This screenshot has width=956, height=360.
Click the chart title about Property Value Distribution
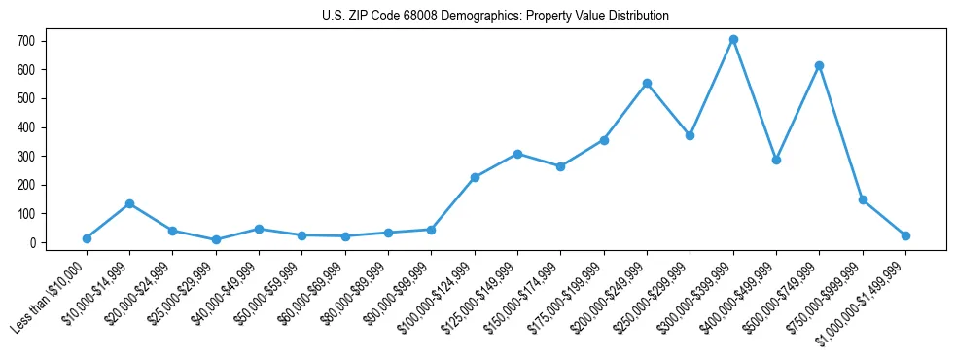[495, 17]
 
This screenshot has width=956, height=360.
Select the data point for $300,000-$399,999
[733, 39]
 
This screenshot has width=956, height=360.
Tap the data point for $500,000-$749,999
[819, 65]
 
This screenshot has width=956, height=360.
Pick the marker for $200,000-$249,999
[647, 83]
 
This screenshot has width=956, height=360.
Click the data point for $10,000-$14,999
[129, 203]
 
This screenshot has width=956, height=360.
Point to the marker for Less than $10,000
[87, 238]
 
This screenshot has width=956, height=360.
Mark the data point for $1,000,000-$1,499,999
[905, 235]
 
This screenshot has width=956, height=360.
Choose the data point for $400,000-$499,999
[776, 160]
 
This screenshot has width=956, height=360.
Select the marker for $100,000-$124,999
[475, 177]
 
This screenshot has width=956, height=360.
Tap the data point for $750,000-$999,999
[863, 199]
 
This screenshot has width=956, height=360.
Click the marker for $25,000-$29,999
[216, 239]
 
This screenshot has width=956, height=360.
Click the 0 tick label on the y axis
[33, 242]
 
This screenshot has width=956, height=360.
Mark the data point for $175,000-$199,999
[604, 140]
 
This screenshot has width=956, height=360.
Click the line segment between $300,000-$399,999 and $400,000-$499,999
[755, 99]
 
